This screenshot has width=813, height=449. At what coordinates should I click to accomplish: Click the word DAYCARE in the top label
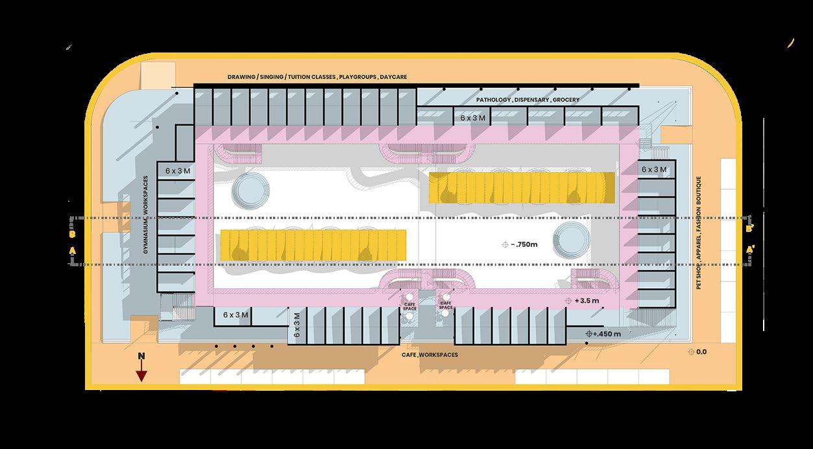click(x=393, y=77)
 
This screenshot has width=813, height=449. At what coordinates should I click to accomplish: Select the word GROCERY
click(x=566, y=100)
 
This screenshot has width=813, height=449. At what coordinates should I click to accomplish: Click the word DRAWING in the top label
click(x=241, y=77)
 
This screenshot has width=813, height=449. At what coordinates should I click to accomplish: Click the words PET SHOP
click(x=699, y=276)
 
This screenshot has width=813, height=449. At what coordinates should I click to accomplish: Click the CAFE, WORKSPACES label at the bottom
click(x=430, y=355)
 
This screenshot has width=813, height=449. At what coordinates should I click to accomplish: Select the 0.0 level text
click(x=701, y=352)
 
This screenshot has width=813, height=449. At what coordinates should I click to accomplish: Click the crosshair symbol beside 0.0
click(x=691, y=352)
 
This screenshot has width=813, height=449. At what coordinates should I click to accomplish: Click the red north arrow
click(x=141, y=374)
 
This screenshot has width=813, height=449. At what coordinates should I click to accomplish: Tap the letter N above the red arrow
click(x=141, y=356)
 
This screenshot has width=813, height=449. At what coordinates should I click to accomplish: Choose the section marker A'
click(x=750, y=249)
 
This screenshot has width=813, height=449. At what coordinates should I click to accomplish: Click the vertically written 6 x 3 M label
click(x=297, y=325)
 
